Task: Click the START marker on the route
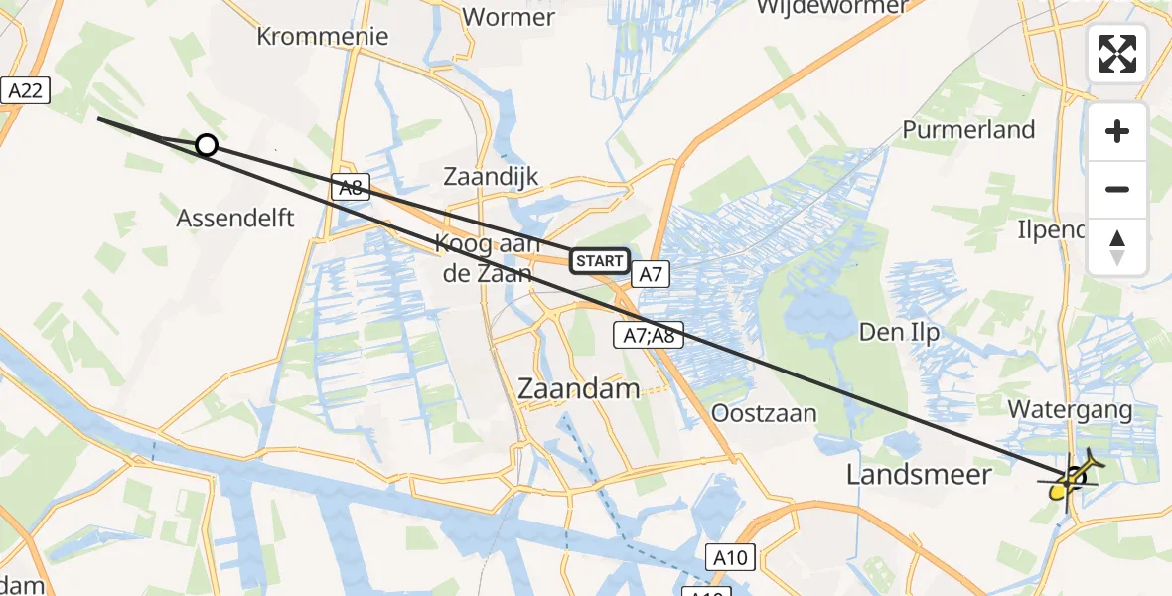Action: coord(599,262)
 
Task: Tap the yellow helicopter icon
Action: coord(1072,481)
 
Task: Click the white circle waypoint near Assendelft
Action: coord(206,146)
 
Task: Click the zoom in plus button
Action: coord(1117,132)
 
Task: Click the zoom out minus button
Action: coord(1117,190)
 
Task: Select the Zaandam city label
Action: coord(579,389)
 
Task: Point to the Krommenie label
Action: coord(322,37)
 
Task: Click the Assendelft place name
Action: coord(235,219)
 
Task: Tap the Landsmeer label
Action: coord(919,475)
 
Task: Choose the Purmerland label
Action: coord(968,130)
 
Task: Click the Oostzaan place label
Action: coord(764,413)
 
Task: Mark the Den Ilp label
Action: coord(899,333)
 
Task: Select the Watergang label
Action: coord(1070,409)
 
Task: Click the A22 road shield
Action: coord(25,91)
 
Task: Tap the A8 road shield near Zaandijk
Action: coord(349,187)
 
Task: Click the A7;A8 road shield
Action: coord(649,336)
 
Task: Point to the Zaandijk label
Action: coord(491,177)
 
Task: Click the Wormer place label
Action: coord(509,16)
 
